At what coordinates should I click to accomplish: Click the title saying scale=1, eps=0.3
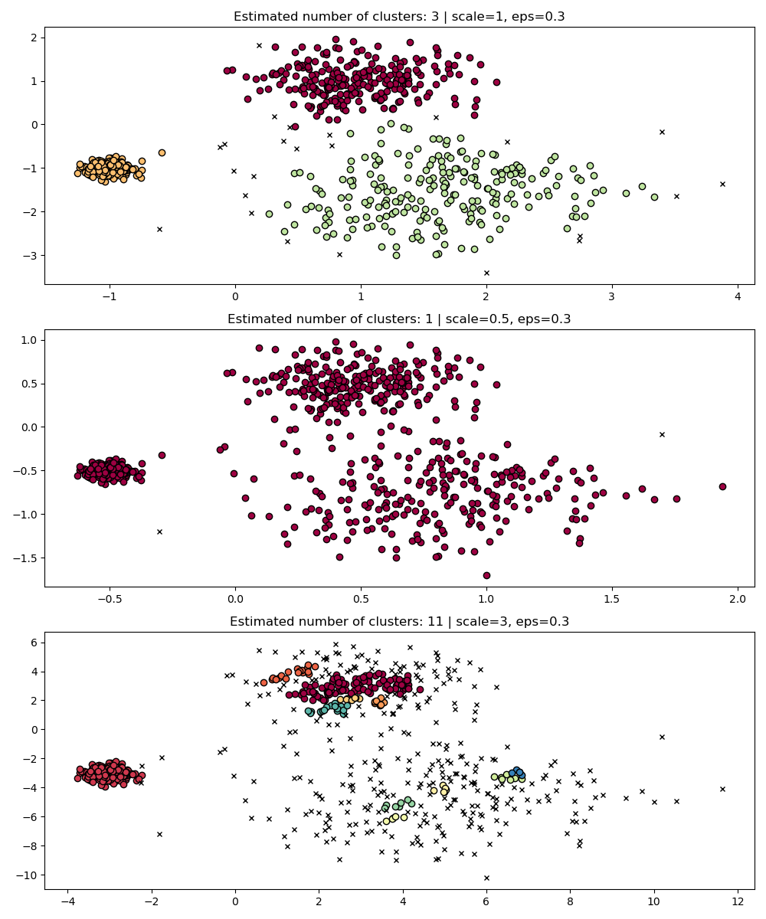[399, 17]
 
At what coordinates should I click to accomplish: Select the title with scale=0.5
[399, 319]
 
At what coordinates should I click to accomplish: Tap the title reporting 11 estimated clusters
[399, 622]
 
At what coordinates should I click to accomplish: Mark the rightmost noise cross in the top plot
[722, 184]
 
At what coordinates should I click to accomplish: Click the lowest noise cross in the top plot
[486, 273]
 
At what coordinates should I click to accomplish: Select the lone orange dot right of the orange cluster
[162, 152]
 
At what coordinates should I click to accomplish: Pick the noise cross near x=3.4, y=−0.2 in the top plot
[662, 132]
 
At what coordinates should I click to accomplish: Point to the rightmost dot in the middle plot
[722, 486]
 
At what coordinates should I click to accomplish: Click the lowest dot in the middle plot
[486, 575]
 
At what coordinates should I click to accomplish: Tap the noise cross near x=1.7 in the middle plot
[662, 434]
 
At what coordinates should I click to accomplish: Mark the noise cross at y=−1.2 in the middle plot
[159, 531]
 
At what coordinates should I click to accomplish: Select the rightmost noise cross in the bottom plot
[722, 789]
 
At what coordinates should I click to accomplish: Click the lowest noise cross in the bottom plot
[486, 878]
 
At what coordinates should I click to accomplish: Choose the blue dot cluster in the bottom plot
[519, 772]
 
